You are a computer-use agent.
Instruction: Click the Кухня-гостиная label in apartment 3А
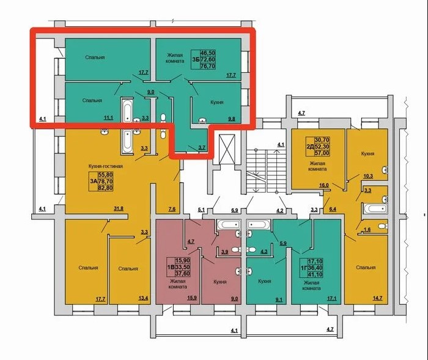pyautogui.click(x=105, y=166)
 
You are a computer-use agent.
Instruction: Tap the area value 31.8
pyautogui.click(x=119, y=209)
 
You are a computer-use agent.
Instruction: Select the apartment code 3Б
pyautogui.click(x=196, y=59)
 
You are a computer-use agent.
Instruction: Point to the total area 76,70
pyautogui.click(x=208, y=66)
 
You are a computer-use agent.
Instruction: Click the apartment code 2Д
pyautogui.click(x=310, y=147)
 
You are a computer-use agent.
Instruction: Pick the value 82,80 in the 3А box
pyautogui.click(x=105, y=188)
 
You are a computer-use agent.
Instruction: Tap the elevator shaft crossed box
pyautogui.click(x=227, y=149)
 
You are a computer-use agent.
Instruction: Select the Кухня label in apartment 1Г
pyautogui.click(x=264, y=281)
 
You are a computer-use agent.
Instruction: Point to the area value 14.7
pyautogui.click(x=377, y=298)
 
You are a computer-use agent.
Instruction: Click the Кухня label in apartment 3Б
pyautogui.click(x=216, y=102)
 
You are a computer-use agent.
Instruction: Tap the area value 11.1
pyautogui.click(x=108, y=118)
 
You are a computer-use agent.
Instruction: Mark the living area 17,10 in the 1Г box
pyautogui.click(x=315, y=261)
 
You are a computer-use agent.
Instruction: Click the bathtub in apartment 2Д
pyautogui.click(x=375, y=210)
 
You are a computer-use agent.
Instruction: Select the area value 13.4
pyautogui.click(x=143, y=298)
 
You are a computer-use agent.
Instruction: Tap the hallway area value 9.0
pyautogui.click(x=151, y=92)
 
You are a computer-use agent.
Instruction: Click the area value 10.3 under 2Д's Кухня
pyautogui.click(x=368, y=176)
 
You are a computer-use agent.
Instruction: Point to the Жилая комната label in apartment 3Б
pyautogui.click(x=175, y=58)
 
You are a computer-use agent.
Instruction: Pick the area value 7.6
pyautogui.click(x=172, y=209)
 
